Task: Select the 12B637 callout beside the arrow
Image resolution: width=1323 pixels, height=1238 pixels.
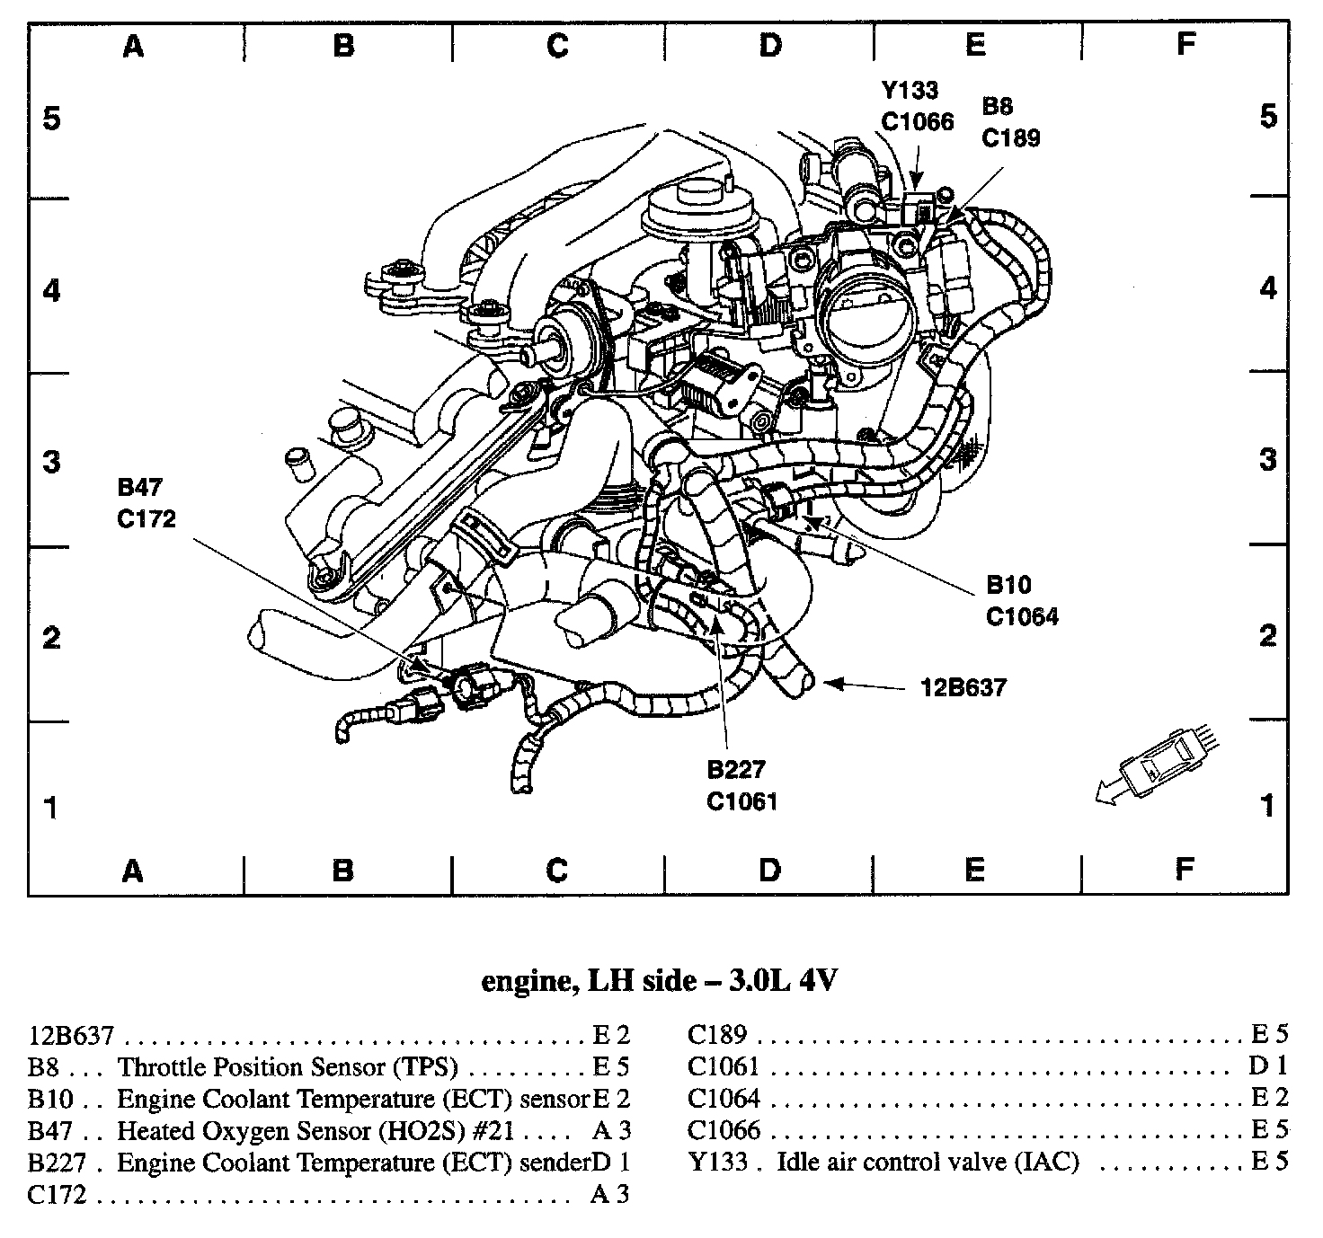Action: pos(963,688)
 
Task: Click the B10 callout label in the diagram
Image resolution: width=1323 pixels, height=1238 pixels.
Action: pos(1008,586)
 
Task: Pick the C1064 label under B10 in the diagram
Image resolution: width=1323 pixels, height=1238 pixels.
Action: pos(1022,616)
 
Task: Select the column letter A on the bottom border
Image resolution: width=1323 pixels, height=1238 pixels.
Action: pos(133,870)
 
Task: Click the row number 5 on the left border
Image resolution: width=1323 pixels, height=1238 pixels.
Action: pos(52,118)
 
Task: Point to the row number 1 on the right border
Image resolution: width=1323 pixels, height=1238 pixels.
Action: pos(1267,805)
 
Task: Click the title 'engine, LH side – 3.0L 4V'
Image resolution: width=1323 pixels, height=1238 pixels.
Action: pos(660,981)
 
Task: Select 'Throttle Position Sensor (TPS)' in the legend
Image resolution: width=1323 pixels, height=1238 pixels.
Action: pos(288,1067)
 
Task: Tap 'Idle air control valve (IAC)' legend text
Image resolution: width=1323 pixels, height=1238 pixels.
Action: pos(928,1163)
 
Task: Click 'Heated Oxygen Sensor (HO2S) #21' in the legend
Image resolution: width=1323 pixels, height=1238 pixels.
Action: pos(315,1131)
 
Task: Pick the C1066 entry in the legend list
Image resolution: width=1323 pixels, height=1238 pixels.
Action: pos(724,1131)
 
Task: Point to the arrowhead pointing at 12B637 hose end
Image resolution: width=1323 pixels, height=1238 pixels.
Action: pos(830,685)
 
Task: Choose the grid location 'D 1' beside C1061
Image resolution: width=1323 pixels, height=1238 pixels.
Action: pos(1268,1067)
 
